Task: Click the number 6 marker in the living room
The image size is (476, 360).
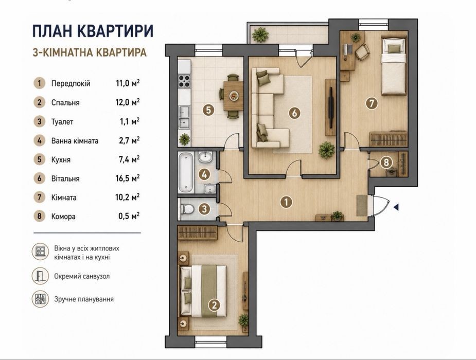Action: click(x=294, y=113)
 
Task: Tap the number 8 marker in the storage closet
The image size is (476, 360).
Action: click(x=386, y=163)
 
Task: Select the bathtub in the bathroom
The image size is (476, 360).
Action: click(x=185, y=172)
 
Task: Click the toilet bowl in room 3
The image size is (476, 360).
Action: click(x=187, y=209)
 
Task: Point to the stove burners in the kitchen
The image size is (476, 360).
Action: click(x=184, y=81)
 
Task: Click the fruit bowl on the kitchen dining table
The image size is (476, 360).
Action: click(x=234, y=96)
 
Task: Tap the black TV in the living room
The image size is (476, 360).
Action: click(x=331, y=107)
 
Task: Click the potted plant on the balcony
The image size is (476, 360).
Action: click(x=260, y=35)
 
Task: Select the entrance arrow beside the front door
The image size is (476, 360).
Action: click(x=396, y=207)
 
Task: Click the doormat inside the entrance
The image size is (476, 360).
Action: click(x=362, y=206)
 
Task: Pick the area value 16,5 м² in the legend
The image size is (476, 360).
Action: click(x=128, y=178)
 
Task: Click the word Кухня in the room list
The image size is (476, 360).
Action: click(x=61, y=159)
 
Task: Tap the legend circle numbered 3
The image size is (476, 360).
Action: click(x=40, y=121)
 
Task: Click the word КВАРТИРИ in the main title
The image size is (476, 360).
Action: click(x=115, y=31)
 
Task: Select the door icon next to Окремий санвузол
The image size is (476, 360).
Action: click(x=40, y=276)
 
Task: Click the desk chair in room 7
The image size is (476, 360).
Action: click(x=362, y=52)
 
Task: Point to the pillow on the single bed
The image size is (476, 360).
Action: click(x=394, y=48)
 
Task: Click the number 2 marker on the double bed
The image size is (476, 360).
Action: click(x=215, y=305)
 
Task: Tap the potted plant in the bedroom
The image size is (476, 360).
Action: click(x=243, y=320)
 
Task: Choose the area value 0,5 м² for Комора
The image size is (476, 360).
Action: click(x=129, y=216)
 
